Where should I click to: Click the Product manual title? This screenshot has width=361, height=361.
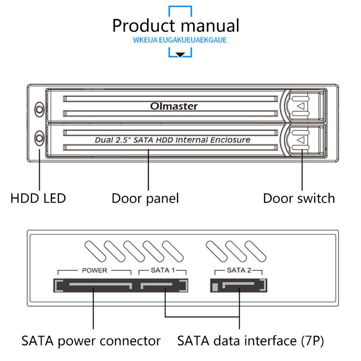point(176,25)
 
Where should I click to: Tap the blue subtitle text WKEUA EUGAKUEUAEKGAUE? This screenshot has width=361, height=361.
point(180,40)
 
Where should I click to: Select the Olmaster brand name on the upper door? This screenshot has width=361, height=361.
point(174,106)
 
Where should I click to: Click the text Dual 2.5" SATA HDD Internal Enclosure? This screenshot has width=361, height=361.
point(172,140)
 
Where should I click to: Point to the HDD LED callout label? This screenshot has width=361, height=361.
point(38,198)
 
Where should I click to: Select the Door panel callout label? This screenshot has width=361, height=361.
point(145,198)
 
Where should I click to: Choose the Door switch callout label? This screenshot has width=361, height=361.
point(299,198)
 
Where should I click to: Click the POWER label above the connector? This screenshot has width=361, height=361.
point(94,271)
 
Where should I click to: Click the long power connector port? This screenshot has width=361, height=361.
point(93,286)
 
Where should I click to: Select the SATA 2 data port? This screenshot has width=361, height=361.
point(239,286)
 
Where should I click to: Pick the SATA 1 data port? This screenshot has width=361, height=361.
point(163,286)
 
